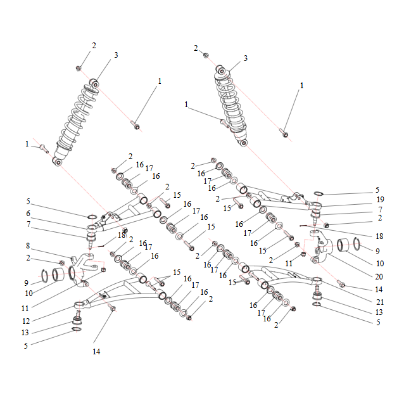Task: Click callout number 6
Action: point(28,213)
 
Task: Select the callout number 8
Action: point(28,246)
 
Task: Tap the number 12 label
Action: point(26,321)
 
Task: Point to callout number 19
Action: point(380,200)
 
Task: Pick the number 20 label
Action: point(379,277)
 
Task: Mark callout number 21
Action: point(380,302)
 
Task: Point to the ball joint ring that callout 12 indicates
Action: point(80,305)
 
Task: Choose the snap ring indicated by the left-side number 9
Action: point(44,276)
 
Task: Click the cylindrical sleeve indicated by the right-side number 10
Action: point(343,245)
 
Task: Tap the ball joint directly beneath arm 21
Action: point(317,294)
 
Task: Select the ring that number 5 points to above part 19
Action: point(319,193)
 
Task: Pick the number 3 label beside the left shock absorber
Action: point(116,55)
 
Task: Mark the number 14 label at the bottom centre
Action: point(97,352)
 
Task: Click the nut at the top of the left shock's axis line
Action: point(79,68)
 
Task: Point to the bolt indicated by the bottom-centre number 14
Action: point(112,307)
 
